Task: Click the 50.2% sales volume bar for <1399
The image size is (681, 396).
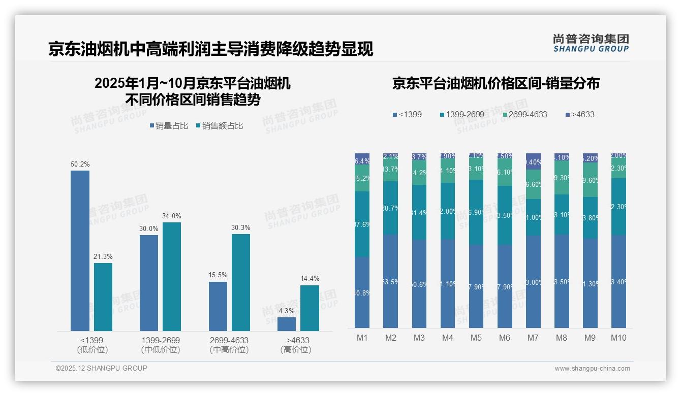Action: [x=80, y=251]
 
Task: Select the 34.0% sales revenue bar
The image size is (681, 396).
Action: [x=172, y=277]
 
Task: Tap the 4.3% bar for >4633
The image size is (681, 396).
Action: [x=287, y=324]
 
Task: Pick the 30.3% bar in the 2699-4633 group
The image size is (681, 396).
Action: [x=241, y=282]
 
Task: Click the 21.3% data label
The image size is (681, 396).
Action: [x=103, y=256]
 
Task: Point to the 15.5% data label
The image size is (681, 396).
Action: [x=218, y=275]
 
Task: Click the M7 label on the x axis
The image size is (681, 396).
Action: [x=533, y=338]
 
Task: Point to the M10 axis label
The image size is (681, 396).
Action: [x=618, y=338]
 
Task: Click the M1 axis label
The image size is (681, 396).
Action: [x=362, y=338]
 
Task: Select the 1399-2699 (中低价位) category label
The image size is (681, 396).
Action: [x=161, y=345]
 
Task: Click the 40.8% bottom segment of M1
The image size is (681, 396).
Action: [x=362, y=292]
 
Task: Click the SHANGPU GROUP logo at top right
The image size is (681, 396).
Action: [x=591, y=43]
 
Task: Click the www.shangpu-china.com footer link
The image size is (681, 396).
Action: [x=592, y=369]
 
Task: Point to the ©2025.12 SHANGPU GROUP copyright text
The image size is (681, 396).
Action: [x=102, y=369]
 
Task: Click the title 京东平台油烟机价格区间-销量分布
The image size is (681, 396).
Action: [x=496, y=83]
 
